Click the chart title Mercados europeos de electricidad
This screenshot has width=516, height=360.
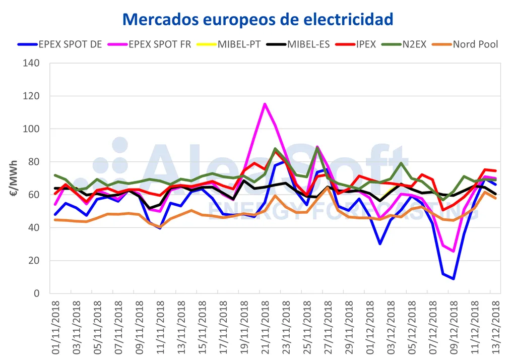(x=257, y=19)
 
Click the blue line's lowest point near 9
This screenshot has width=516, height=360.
(x=454, y=279)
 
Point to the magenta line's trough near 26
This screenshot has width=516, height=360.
(x=454, y=251)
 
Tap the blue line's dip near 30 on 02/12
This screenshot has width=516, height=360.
(x=380, y=244)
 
